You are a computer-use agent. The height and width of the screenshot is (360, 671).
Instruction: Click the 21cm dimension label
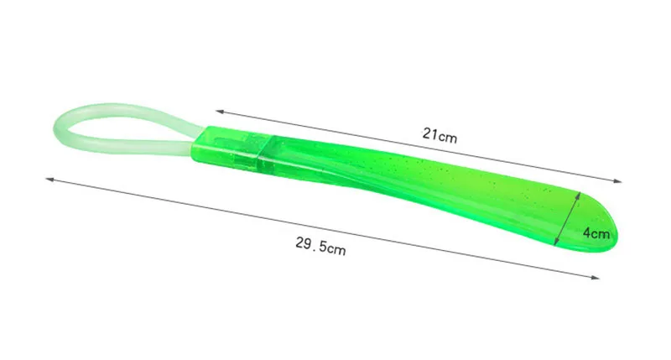440,136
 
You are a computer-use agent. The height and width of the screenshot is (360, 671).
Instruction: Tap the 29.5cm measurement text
320,246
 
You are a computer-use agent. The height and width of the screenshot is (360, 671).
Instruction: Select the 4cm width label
596,233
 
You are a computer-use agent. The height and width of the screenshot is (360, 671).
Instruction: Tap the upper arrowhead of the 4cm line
580,195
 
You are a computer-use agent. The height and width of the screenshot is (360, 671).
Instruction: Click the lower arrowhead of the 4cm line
556,243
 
